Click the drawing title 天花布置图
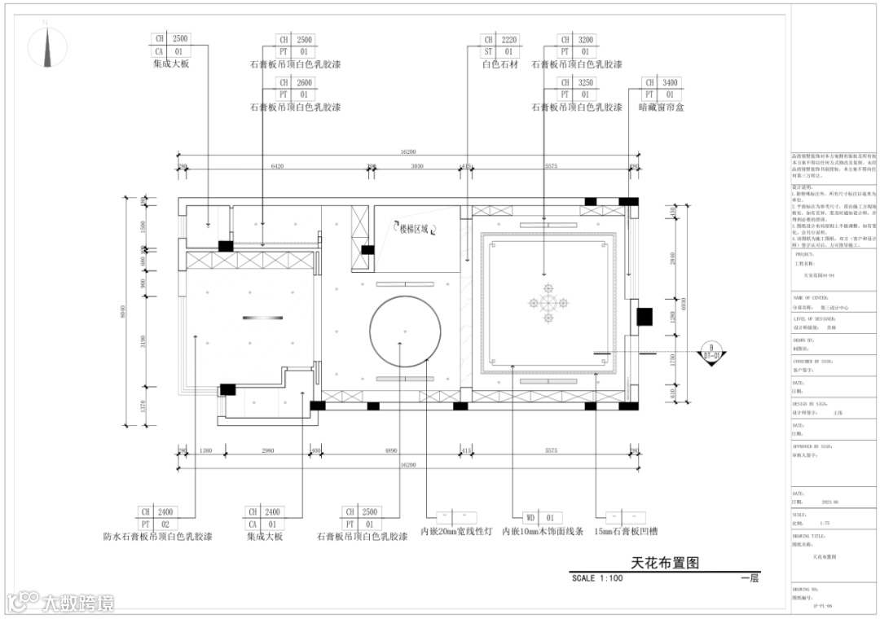coord(665,563)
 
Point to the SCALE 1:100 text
coord(597,578)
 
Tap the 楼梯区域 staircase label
coord(413,229)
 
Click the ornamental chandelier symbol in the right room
coord(548,302)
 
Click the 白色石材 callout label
coord(499,64)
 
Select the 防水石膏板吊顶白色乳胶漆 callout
coord(158,537)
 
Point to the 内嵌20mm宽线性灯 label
coord(456,532)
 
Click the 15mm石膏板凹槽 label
coord(625,532)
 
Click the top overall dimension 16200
coord(407,151)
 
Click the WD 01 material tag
coord(540,517)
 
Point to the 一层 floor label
coord(750,578)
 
